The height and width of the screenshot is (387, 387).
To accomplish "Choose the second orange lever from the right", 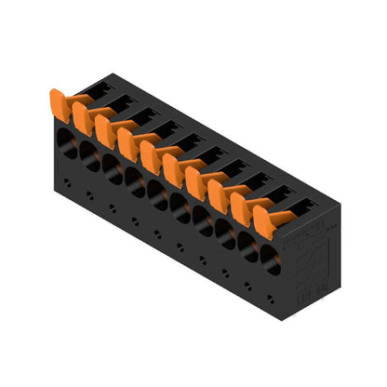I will pos(244,204).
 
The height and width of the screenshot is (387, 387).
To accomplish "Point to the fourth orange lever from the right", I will pos(198,180).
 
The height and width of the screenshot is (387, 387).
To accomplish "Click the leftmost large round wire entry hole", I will pos(67,141).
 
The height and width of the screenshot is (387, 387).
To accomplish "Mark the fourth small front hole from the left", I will pos(135,221).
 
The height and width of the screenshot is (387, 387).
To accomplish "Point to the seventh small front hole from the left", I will pos(202,260).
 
